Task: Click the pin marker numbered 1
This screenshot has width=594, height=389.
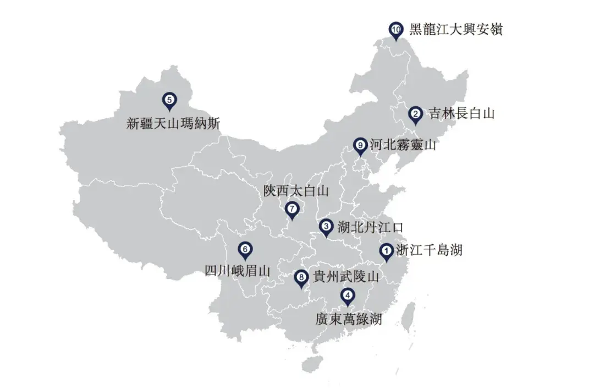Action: coord(387,251)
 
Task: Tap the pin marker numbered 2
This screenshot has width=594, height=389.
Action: coord(416,114)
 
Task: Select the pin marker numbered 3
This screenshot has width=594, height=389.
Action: coord(326,227)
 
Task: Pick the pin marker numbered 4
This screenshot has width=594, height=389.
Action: coord(347,296)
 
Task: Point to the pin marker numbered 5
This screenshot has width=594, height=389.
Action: coord(169,100)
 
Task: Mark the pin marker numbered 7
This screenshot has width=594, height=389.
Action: coord(292,210)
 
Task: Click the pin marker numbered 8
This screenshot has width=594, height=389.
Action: coord(300,278)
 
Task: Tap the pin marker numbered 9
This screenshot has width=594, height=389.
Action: coord(360,146)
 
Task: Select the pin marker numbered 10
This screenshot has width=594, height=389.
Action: coord(396,30)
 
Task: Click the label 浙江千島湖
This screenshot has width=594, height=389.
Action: coord(429,250)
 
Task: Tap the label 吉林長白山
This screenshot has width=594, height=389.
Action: coord(462,113)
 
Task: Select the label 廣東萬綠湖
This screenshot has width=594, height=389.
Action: coord(348,319)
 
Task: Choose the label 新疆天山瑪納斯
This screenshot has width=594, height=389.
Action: coord(173,123)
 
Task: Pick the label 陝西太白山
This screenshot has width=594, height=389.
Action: coord(295,191)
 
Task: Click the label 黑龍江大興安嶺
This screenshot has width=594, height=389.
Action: coord(455,29)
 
